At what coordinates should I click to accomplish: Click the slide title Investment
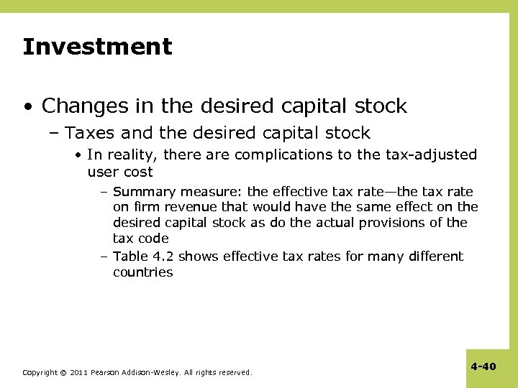[97, 47]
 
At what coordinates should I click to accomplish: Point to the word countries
[142, 272]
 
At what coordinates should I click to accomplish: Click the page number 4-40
[483, 366]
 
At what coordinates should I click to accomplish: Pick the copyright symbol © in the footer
[63, 373]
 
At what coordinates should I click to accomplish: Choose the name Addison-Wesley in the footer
[157, 373]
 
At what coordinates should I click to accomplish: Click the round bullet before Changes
[27, 107]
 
